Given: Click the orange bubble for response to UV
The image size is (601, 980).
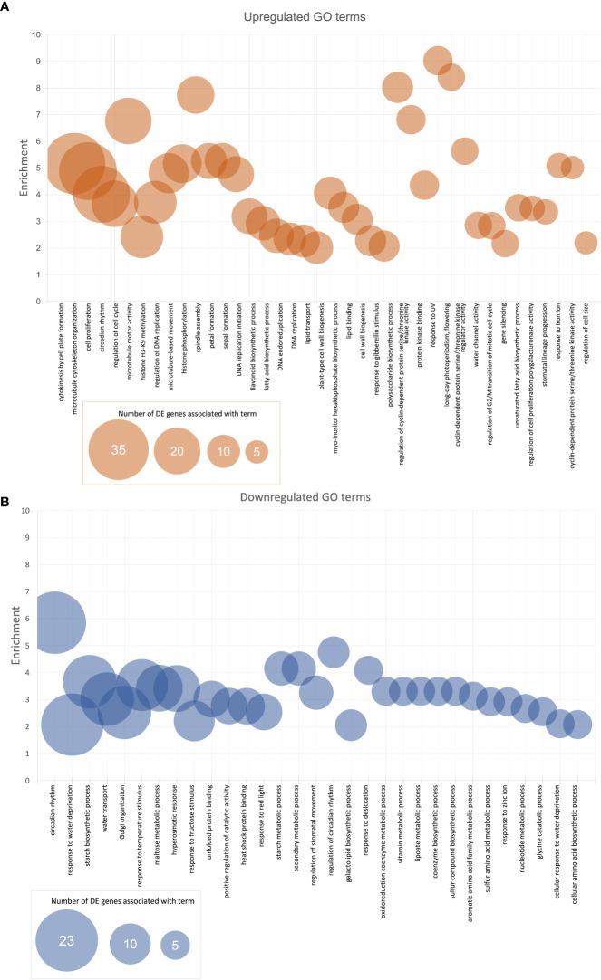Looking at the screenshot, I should pos(438,61).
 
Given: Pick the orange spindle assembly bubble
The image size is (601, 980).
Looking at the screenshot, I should pos(195,94).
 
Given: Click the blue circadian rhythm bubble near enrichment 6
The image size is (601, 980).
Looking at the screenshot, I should pos(53,622).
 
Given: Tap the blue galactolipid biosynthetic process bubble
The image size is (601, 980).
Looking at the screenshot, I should pos(351,725).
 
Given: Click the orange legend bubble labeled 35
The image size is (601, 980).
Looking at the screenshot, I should pos(118,450).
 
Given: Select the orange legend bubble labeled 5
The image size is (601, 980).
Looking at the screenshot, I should pos(258,452).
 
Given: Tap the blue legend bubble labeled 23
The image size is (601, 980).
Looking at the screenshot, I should pos(66,942).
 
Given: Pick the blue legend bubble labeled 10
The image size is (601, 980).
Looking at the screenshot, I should pos(131,943).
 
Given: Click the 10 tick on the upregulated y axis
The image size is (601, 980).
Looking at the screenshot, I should pos(36,34).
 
